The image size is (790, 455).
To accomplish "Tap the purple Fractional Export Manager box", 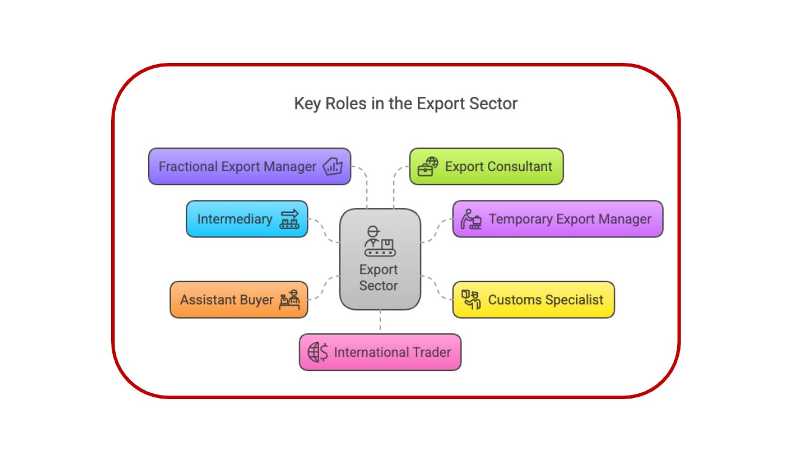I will (249, 166).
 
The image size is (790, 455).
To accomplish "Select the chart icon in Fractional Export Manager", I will (333, 166).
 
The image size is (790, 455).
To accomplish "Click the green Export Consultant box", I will (486, 166).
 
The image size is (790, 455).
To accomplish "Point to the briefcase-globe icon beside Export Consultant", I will (428, 166).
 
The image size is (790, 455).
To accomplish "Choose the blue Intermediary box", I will (247, 219).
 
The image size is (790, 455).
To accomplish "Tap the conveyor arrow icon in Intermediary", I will (289, 219).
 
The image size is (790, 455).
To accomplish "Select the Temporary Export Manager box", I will (557, 219).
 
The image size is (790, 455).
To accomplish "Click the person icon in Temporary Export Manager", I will (471, 219).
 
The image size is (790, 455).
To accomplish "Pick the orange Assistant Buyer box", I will (239, 300).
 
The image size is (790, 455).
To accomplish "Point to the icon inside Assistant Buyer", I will (289, 300).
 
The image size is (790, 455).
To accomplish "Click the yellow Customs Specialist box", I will (533, 300).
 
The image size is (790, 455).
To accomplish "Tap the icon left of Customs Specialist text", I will (471, 299).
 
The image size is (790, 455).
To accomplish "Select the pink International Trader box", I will (380, 352).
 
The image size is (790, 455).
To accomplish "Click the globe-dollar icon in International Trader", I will (318, 352).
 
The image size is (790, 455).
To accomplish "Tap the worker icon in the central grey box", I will (380, 241).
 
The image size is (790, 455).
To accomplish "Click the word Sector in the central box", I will (379, 286).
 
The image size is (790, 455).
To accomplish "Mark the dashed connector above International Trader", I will (380, 322).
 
